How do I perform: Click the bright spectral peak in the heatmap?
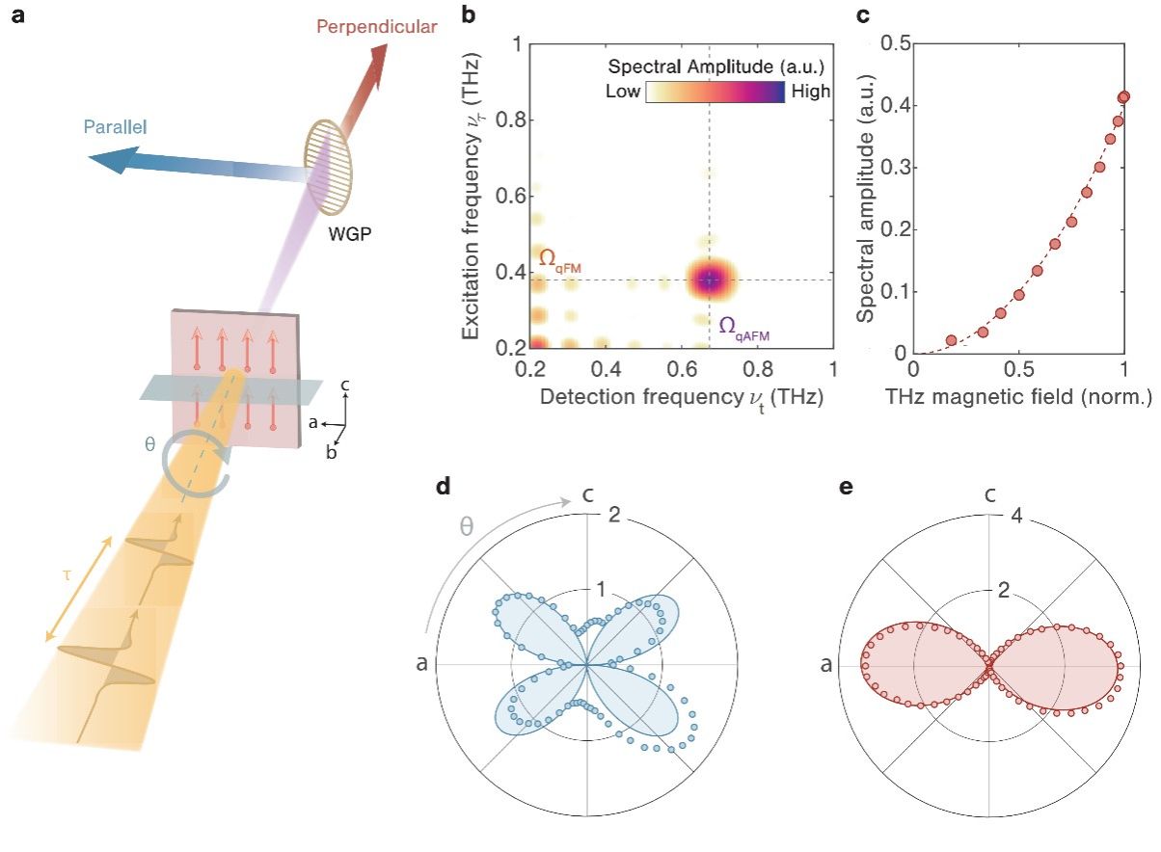click(x=710, y=280)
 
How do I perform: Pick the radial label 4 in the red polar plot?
click(x=1011, y=514)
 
